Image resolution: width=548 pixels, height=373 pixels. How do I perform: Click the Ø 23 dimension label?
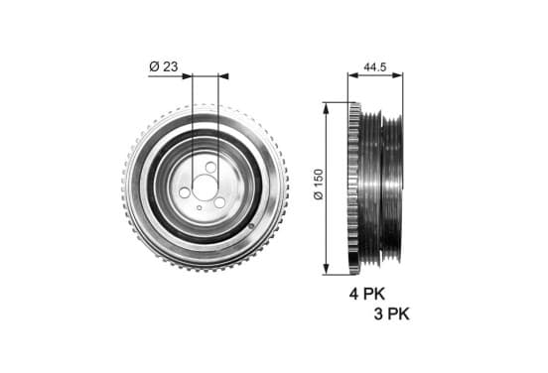[x=164, y=66]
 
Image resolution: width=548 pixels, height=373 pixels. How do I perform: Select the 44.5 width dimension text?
[x=375, y=66]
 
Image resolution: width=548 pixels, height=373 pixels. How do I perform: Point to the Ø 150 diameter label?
[x=319, y=185]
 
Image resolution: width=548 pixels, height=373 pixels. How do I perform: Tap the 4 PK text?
[x=367, y=294]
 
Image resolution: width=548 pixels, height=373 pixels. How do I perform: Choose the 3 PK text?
[x=391, y=313]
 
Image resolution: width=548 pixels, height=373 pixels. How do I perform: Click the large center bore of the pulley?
[x=205, y=187]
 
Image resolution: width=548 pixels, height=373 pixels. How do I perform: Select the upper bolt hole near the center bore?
[x=210, y=168]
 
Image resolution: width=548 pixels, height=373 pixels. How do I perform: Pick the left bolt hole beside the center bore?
[x=185, y=192]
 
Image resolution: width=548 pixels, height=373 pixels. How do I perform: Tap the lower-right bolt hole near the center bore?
[x=219, y=203]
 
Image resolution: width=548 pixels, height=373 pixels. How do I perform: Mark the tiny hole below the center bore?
[x=199, y=207]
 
